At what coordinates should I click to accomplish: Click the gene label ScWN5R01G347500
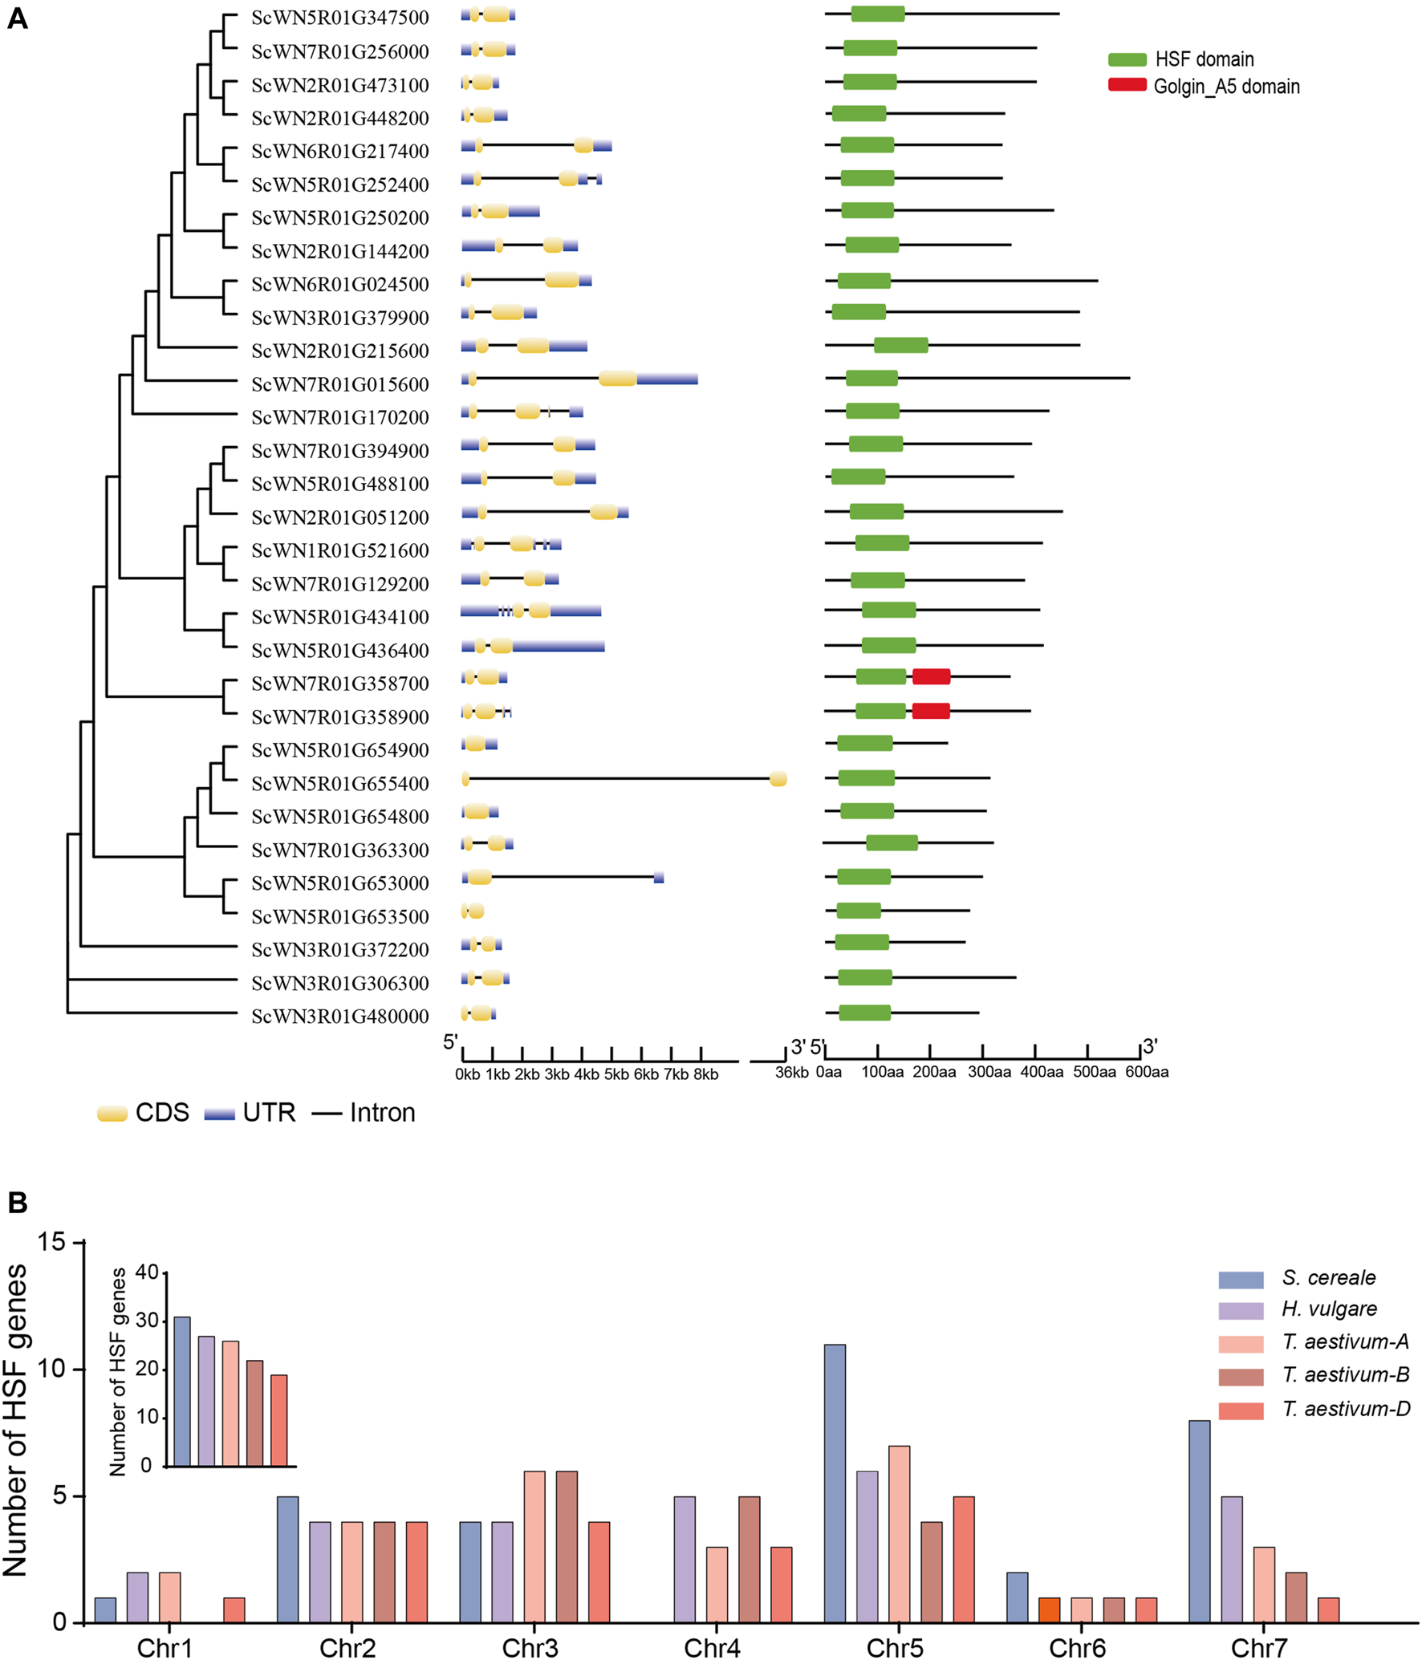(x=339, y=18)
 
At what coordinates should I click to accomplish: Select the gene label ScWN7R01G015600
(x=339, y=384)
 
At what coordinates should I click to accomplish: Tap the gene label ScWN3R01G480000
(x=339, y=1017)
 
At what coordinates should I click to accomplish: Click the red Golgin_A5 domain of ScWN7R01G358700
(x=931, y=676)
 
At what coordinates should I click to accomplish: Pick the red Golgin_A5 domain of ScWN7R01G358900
(x=931, y=711)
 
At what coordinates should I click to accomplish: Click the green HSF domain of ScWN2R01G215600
(x=900, y=345)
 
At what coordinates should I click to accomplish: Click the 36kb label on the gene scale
(x=791, y=1073)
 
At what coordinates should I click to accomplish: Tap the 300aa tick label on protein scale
(x=989, y=1072)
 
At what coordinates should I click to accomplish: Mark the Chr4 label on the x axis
(x=712, y=1648)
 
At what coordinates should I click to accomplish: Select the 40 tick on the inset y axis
(x=147, y=1272)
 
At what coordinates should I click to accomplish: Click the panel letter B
(x=18, y=1203)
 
